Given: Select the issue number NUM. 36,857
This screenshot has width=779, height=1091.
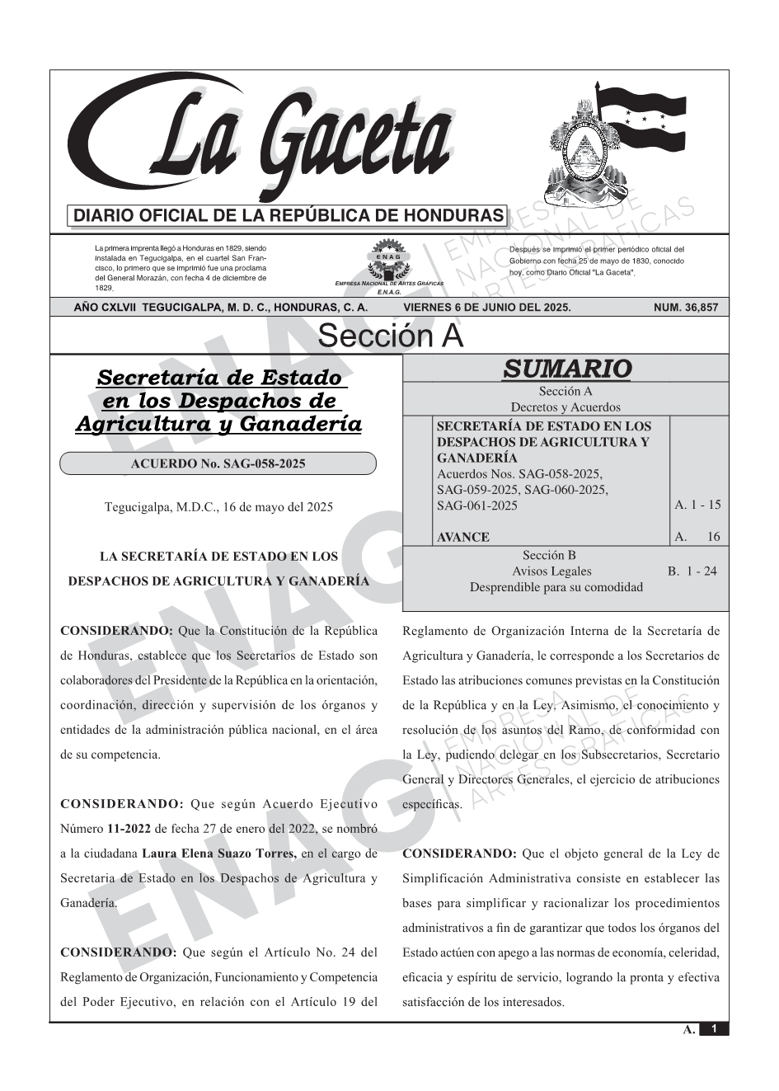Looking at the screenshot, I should (685, 308).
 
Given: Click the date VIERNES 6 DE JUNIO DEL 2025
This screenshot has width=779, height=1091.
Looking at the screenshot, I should (486, 308).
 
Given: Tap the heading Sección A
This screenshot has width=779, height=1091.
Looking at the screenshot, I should (390, 336).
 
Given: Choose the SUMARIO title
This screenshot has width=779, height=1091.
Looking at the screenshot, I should (566, 369).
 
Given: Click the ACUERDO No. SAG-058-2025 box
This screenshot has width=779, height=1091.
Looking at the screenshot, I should (218, 463).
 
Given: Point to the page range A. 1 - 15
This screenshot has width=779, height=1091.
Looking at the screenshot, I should (697, 505).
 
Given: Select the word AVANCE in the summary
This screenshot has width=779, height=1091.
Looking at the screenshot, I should (462, 537).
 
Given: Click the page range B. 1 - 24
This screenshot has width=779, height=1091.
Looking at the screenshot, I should (692, 571).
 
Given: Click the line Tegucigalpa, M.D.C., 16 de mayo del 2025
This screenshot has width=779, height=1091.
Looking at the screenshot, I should (218, 507).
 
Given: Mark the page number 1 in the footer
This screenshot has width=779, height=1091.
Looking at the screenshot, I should (714, 1029).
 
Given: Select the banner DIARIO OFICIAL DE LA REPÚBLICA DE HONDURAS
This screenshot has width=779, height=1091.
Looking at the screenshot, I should (289, 216).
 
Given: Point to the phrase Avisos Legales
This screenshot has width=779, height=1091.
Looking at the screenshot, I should (551, 571).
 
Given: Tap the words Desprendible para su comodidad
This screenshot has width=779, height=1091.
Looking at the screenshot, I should (556, 587).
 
